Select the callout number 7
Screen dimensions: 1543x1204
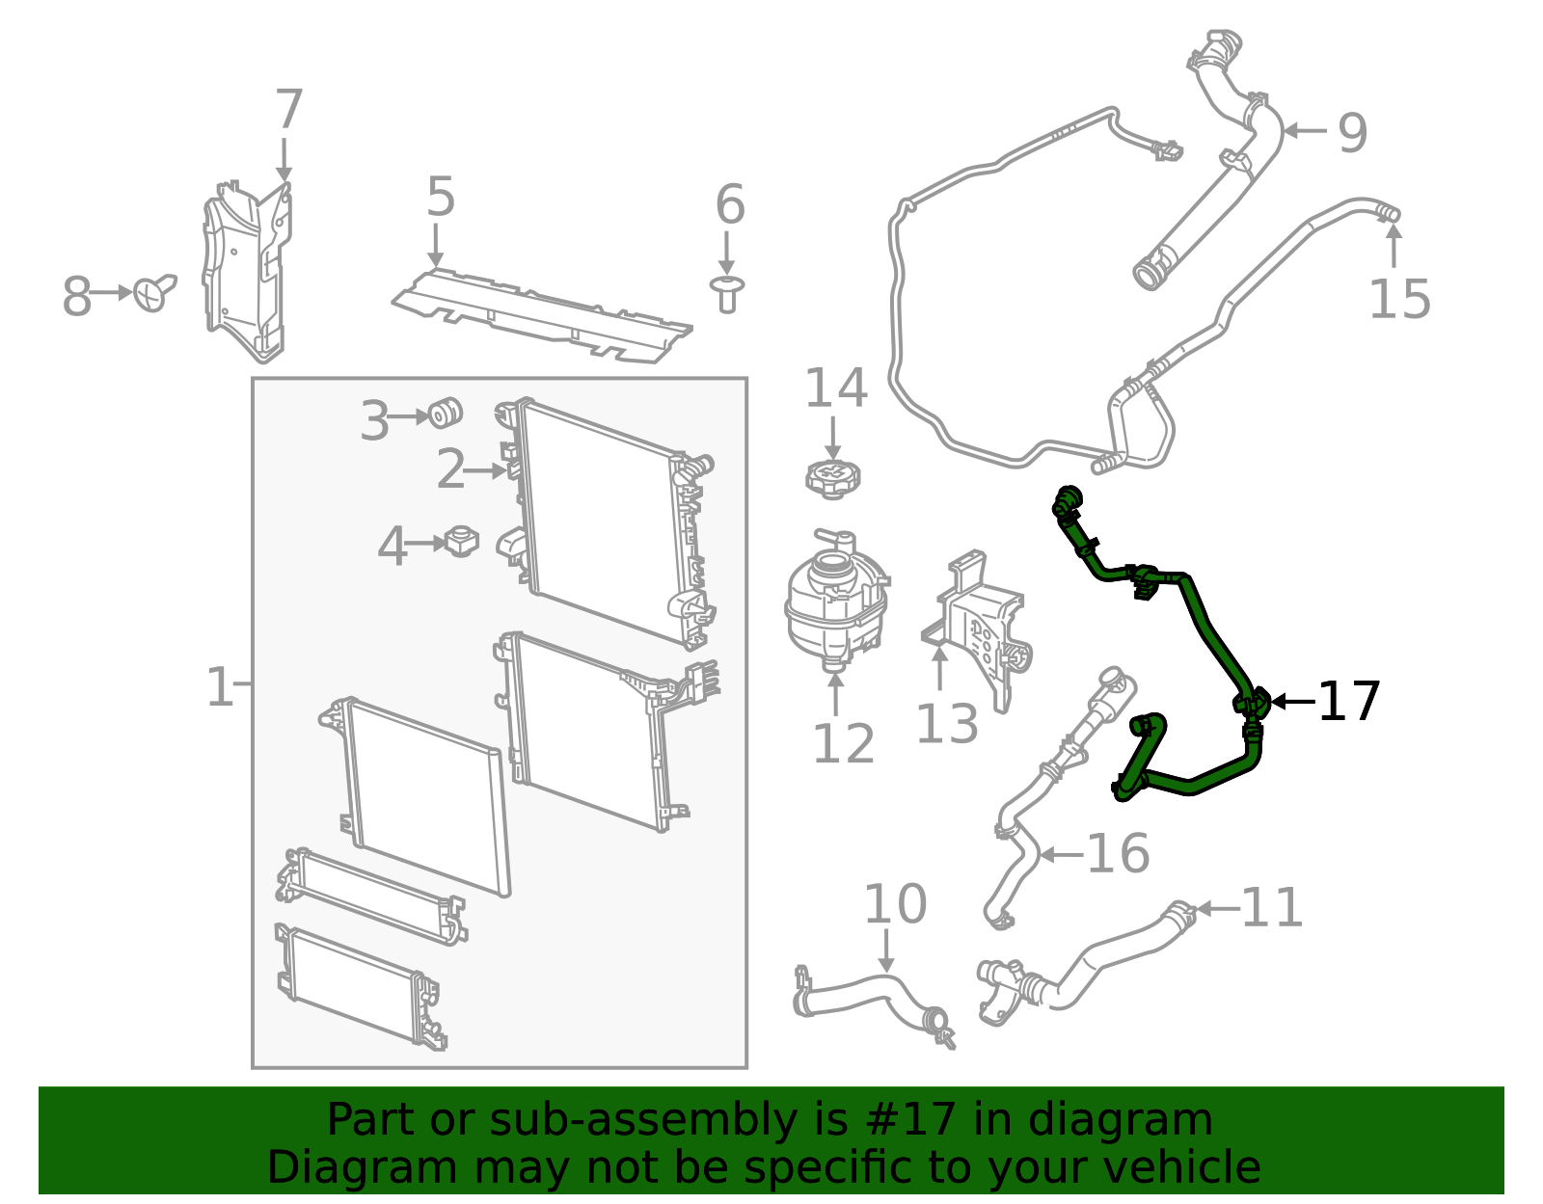tap(289, 109)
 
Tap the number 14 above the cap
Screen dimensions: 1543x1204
tap(836, 388)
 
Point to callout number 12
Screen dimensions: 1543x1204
tap(843, 743)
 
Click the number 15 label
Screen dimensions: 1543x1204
tap(1399, 299)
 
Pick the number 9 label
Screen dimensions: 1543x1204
tap(1353, 132)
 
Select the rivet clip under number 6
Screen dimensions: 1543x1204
tap(727, 294)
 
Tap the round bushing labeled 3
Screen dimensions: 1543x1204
tap(446, 413)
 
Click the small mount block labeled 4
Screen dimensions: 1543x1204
tap(462, 542)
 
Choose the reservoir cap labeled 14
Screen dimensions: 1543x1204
tap(833, 478)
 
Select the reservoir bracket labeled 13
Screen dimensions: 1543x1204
tap(980, 630)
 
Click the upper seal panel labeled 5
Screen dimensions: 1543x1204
tap(541, 314)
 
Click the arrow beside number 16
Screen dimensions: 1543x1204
tap(1061, 854)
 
